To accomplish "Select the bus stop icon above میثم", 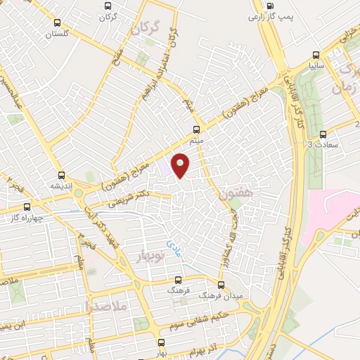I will (x=196, y=129).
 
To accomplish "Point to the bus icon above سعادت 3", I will (x=323, y=134).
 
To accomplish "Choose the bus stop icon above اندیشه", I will (x=62, y=176).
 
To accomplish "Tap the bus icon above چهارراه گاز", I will (x=27, y=207).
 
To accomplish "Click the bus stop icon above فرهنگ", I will (x=178, y=280).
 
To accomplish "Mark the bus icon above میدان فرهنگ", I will (x=221, y=285).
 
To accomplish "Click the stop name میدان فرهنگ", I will (x=231, y=297).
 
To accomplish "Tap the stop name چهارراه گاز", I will (x=22, y=218).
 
